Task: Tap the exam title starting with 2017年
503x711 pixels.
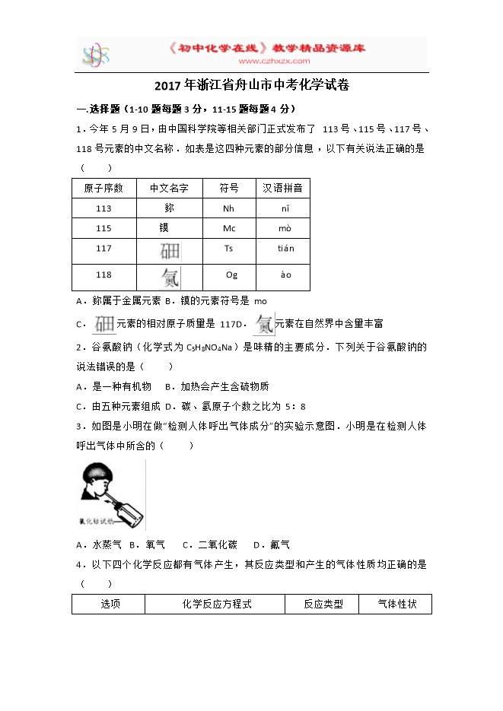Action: pos(251,85)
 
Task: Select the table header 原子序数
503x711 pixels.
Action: pos(103,188)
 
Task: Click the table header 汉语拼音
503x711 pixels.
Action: pos(282,188)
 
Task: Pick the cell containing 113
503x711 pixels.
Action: pos(103,208)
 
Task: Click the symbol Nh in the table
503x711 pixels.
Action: pos(229,208)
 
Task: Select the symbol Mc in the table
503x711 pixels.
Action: pos(229,228)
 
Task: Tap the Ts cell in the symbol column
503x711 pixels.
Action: pos(229,249)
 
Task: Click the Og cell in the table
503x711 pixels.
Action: pos(231,275)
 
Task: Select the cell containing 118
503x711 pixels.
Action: pos(103,275)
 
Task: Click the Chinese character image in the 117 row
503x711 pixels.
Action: pos(170,251)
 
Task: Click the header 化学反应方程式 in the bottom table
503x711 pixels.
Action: pos(217,605)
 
